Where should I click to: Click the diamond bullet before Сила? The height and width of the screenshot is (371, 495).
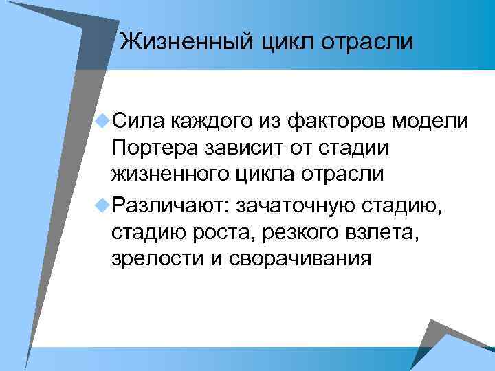pyautogui.click(x=103, y=122)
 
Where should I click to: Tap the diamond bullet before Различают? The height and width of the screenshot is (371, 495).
pyautogui.click(x=103, y=203)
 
